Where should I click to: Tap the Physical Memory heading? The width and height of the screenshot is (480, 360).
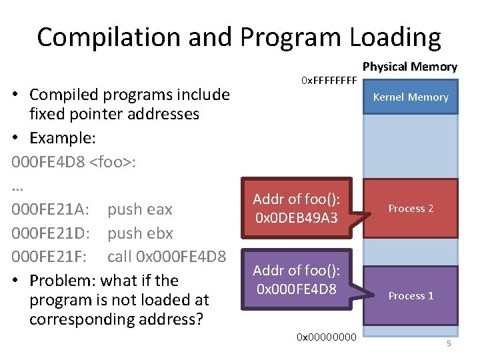(x=409, y=67)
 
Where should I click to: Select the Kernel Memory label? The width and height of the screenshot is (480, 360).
(x=411, y=97)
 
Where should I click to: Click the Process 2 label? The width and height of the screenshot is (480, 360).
(x=411, y=209)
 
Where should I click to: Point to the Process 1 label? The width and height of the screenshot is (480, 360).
(x=411, y=296)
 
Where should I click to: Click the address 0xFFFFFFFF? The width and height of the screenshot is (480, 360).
(x=329, y=81)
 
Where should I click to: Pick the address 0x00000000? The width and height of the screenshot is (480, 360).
(x=327, y=338)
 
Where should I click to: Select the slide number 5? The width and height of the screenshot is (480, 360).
(x=449, y=343)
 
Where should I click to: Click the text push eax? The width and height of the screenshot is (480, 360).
(x=140, y=209)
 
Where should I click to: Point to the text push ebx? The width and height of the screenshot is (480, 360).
(x=140, y=233)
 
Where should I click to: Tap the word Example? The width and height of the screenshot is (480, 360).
(x=63, y=139)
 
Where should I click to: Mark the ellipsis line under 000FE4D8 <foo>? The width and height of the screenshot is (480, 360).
(x=17, y=187)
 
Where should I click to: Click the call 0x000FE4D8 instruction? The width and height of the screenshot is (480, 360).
(x=167, y=257)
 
